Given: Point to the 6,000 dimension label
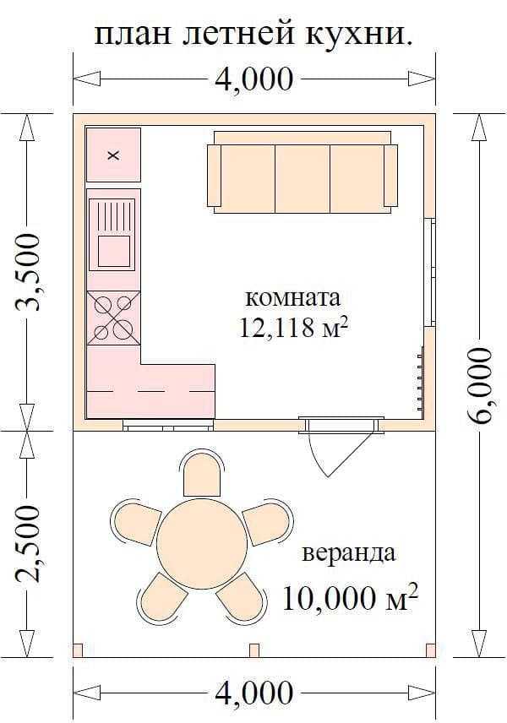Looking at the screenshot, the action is (479, 386).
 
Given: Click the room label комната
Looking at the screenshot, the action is (293, 298).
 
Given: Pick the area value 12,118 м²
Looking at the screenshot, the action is (293, 328).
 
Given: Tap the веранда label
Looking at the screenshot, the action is (349, 552).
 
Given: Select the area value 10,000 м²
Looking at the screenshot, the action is (350, 597).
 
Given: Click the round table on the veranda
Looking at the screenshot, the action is (202, 544).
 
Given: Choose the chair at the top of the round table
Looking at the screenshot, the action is (202, 474).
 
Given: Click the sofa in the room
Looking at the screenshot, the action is (303, 172).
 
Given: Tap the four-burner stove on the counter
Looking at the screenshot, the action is (113, 318).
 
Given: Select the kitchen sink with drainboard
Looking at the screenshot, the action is (112, 234).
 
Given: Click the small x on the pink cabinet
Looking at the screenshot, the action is (113, 155).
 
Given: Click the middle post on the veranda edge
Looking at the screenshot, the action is (254, 650).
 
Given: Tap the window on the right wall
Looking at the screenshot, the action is (431, 272).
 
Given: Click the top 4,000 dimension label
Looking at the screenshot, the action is (253, 79).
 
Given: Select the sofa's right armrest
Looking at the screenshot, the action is (390, 175).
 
